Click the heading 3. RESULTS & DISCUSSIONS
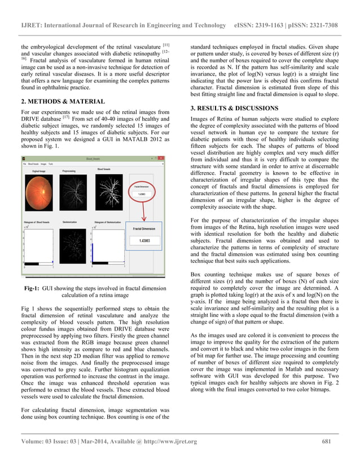(x=234, y=108)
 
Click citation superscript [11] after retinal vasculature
(x=166, y=43)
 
